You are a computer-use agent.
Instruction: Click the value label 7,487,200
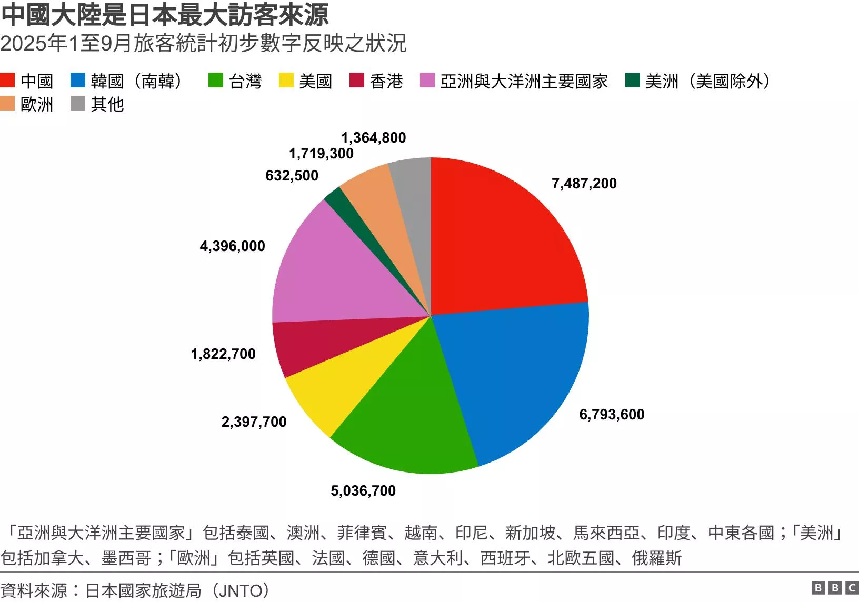[584, 184]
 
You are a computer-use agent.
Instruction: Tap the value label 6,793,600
[612, 415]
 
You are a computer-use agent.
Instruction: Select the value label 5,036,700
[363, 491]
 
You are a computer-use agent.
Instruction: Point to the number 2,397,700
[254, 422]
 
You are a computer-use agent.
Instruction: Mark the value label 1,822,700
[223, 354]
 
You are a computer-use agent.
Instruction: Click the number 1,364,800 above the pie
[374, 138]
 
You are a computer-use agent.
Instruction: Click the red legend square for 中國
[7, 81]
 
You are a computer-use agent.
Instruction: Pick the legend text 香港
[386, 81]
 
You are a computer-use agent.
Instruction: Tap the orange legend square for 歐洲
[7, 104]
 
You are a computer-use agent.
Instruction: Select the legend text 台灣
[245, 81]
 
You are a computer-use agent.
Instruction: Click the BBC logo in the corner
[835, 588]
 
